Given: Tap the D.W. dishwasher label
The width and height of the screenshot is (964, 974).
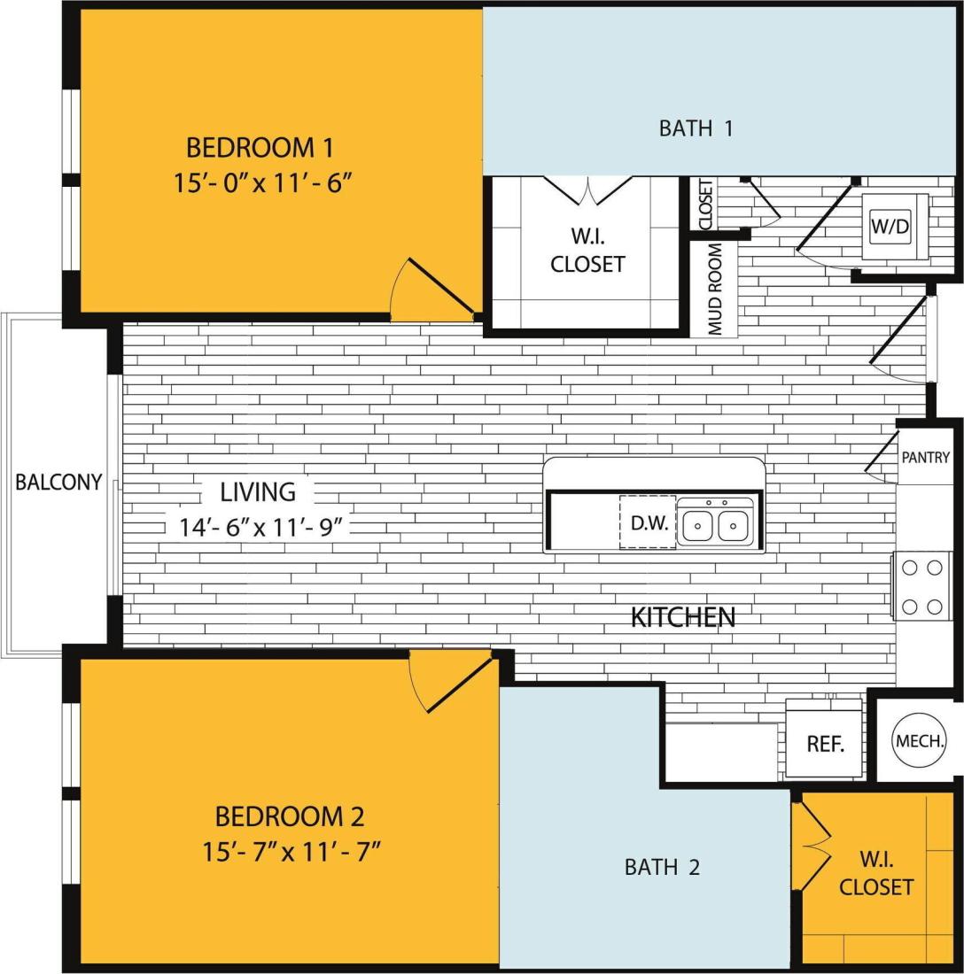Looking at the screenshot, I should (x=649, y=522).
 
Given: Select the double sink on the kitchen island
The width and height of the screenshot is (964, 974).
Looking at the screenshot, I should (x=715, y=523).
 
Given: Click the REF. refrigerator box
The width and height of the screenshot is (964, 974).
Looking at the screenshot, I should (x=824, y=744).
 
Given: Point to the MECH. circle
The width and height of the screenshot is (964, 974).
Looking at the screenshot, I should (x=919, y=740).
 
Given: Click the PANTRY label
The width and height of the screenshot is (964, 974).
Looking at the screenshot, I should (x=925, y=458).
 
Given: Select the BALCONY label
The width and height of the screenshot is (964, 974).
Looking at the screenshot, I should (x=58, y=483).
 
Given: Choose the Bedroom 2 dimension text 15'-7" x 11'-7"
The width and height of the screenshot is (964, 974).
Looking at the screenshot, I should (x=291, y=852).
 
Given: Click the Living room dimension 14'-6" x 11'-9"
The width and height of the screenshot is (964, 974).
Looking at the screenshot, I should (x=260, y=527).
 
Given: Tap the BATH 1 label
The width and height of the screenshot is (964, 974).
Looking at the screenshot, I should (x=696, y=128).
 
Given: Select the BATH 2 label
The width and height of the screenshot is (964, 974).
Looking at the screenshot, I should (x=662, y=867).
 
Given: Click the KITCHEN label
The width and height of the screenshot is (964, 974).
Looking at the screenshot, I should (x=683, y=617).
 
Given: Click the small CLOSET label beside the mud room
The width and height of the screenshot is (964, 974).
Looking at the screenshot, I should (x=705, y=205).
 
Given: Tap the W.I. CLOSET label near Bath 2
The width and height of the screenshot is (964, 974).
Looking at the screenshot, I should (x=875, y=873).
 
